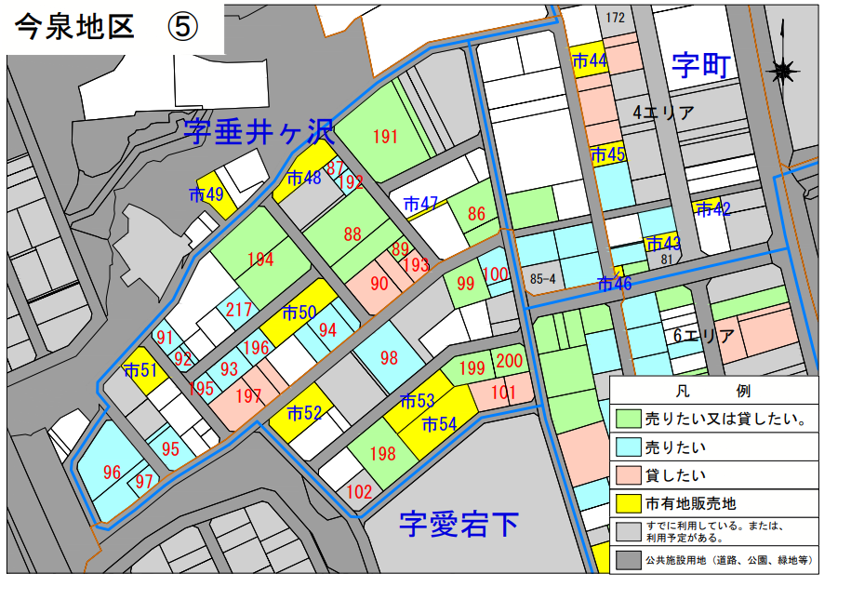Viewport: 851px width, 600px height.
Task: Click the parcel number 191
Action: (x=385, y=138)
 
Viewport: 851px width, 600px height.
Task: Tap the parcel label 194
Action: (x=260, y=259)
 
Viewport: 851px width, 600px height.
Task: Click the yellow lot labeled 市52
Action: (x=304, y=413)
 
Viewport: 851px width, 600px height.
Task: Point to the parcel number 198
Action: (x=382, y=454)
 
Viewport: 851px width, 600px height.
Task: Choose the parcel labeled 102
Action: (x=359, y=491)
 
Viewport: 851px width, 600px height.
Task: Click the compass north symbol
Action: (x=783, y=69)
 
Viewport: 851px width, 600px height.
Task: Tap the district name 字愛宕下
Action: (x=459, y=525)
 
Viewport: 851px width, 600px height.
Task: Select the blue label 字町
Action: (x=703, y=65)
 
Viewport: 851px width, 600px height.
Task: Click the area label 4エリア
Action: (x=664, y=113)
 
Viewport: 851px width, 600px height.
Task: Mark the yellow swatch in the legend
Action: (x=629, y=503)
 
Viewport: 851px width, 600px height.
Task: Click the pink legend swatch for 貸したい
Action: (x=629, y=475)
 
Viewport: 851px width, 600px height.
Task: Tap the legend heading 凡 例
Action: (x=712, y=391)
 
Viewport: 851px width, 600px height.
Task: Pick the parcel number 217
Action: (x=240, y=310)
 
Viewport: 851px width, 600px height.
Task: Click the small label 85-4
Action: (x=542, y=278)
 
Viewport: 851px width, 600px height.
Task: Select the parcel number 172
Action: (x=614, y=18)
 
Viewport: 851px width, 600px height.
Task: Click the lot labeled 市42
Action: (x=713, y=209)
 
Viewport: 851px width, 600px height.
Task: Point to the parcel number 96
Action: (x=113, y=472)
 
